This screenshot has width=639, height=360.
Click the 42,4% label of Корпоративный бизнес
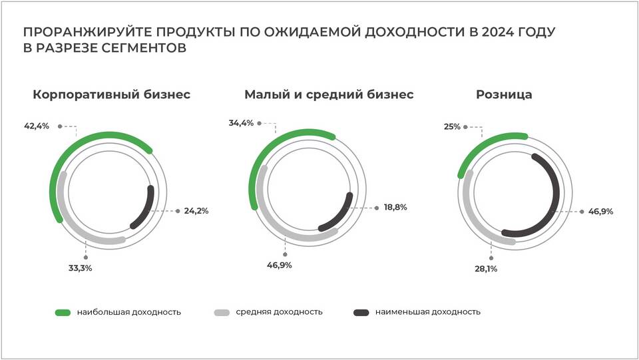37,126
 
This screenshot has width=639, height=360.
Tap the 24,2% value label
196,211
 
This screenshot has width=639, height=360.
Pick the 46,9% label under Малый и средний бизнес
279,265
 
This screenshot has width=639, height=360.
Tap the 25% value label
452,126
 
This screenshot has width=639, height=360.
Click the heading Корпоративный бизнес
111,94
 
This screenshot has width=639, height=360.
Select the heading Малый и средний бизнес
329,94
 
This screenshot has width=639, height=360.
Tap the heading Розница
504,94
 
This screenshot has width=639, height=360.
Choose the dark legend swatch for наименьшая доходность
361,311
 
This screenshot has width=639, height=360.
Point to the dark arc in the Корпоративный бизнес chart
148,206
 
